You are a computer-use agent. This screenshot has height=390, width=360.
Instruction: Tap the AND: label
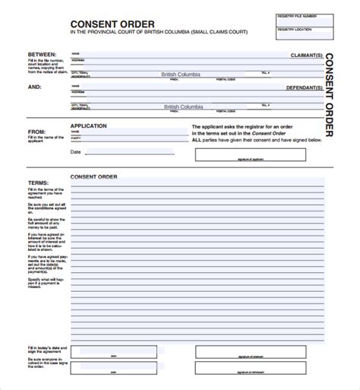(34, 87)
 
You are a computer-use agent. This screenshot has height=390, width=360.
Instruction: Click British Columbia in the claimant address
(178, 75)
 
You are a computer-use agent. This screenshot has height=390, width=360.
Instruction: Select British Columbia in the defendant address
(180, 107)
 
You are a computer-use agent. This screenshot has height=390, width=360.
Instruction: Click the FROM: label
(36, 132)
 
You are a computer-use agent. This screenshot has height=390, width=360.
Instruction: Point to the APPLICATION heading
(88, 125)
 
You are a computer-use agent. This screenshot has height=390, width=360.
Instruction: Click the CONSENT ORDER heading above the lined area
(94, 176)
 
